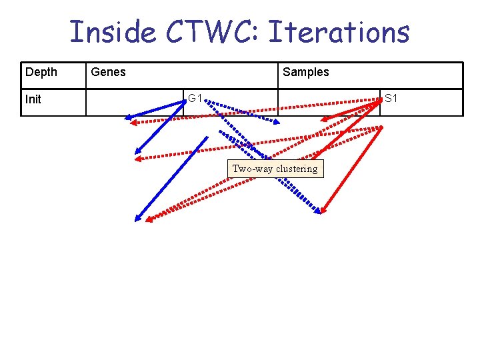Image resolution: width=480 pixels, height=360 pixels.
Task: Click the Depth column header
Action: tap(41, 72)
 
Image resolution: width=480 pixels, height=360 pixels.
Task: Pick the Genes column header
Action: tap(108, 72)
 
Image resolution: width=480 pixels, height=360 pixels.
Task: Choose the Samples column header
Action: tap(306, 72)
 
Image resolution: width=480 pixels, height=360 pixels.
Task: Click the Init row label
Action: tap(33, 99)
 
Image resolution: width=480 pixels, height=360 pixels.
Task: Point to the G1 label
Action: tap(195, 99)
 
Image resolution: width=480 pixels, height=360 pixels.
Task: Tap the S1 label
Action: tap(391, 99)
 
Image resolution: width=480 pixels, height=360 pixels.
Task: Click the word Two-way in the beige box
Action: tap(252, 169)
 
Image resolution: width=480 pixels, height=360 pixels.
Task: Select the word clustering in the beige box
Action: tap(297, 169)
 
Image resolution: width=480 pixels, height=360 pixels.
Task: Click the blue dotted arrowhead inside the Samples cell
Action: tap(278, 121)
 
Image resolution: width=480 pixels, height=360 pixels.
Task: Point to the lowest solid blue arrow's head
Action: tap(138, 218)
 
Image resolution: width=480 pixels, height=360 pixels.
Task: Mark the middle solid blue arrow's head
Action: tap(137, 151)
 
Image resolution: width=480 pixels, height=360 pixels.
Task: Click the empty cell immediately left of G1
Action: tap(135, 103)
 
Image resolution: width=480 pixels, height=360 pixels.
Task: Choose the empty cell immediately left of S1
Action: tap(329, 103)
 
